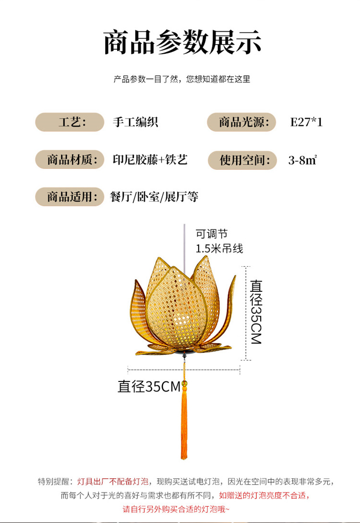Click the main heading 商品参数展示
182,42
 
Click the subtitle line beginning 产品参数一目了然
182,79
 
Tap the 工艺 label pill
70,122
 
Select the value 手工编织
135,122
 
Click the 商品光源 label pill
241,122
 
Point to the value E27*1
306,122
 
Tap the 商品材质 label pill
70,160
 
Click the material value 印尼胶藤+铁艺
150,160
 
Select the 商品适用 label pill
70,197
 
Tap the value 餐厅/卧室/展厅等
154,197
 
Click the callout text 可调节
211,234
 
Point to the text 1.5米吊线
219,249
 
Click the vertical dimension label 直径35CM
256,312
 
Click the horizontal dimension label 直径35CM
149,386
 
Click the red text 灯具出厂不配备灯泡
113,481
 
